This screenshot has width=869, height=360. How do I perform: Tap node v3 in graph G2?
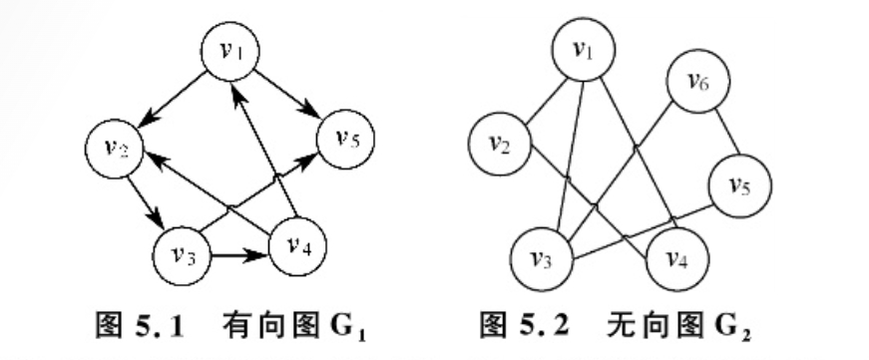539,261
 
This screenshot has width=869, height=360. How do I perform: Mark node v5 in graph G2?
737,183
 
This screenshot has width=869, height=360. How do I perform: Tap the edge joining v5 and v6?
723,131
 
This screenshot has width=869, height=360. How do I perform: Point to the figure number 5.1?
177,327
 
